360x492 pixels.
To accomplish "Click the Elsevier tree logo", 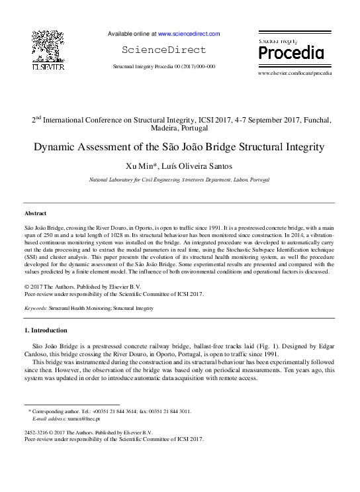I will (x=48, y=46).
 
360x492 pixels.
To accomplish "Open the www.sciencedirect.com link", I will (x=189, y=34).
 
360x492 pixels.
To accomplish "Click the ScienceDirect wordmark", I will (x=164, y=50).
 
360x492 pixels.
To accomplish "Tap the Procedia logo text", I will (x=291, y=52).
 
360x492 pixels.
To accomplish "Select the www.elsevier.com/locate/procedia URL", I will (x=294, y=73).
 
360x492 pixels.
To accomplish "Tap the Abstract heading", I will (x=35, y=214).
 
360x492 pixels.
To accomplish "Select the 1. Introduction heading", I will (x=46, y=330).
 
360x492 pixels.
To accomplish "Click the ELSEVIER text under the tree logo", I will (x=48, y=68).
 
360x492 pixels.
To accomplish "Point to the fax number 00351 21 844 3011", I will (x=169, y=411).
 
